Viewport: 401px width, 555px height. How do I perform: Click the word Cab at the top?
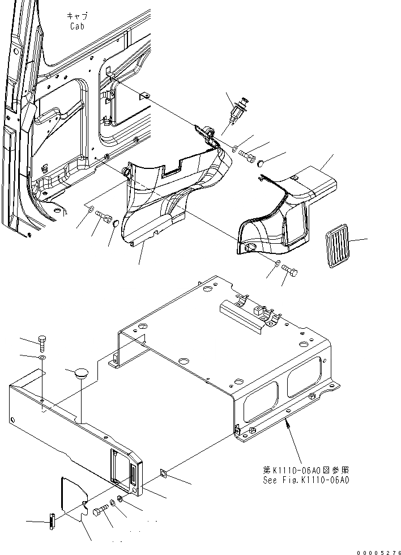(78, 26)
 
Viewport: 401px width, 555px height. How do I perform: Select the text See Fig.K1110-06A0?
(306, 480)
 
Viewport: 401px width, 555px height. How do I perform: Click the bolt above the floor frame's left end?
(44, 342)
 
